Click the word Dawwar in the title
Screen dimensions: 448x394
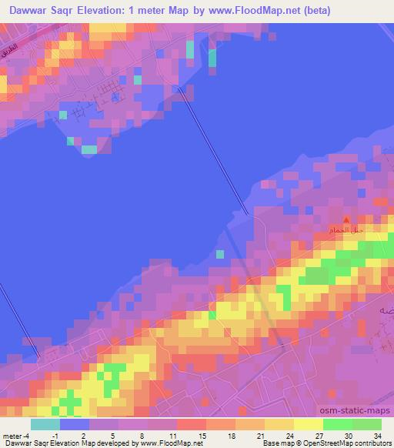coord(31,11)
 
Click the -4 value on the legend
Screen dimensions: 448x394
coord(25,436)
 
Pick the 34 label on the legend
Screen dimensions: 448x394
coord(377,436)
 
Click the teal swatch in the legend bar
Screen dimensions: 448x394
coord(45,424)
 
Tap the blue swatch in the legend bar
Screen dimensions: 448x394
coord(75,424)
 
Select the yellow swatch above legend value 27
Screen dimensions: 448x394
coord(308,424)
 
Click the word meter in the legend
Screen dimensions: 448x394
coord(11,436)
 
